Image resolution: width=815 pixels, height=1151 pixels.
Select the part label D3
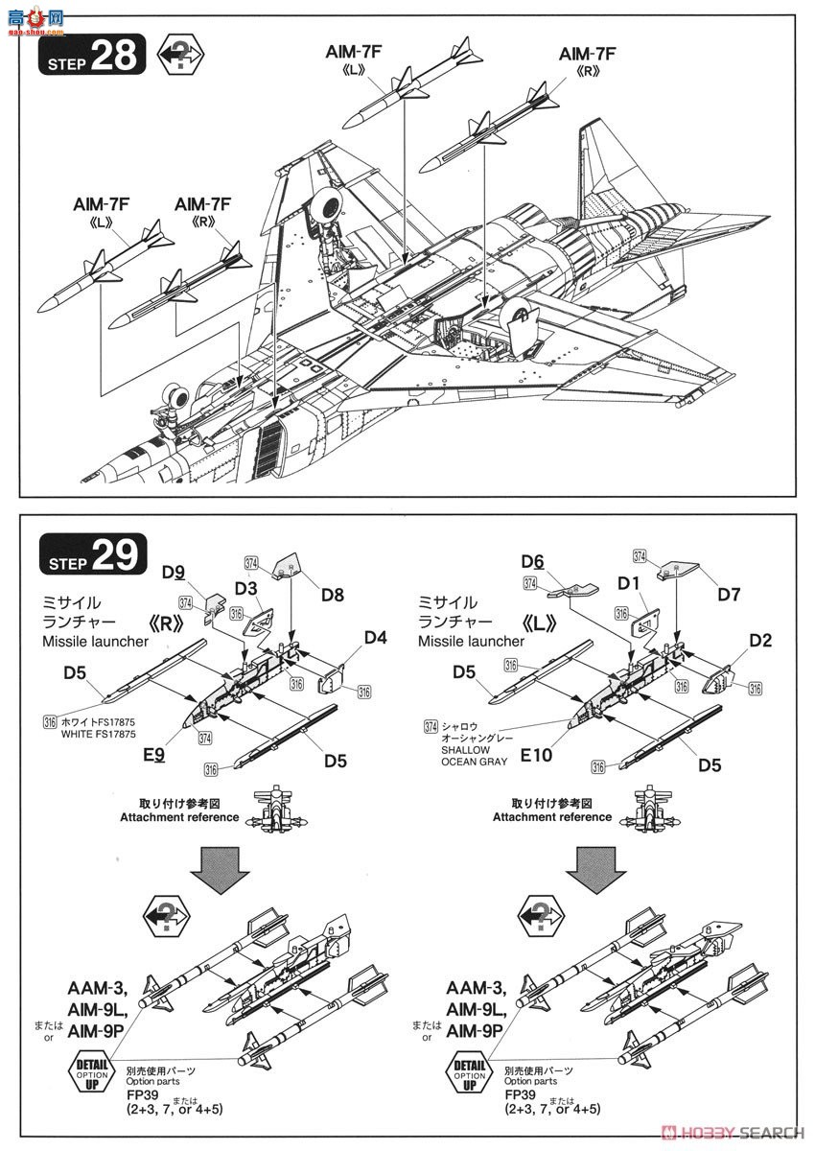pyautogui.click(x=245, y=587)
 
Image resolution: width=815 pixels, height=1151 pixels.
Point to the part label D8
pyautogui.click(x=333, y=595)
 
